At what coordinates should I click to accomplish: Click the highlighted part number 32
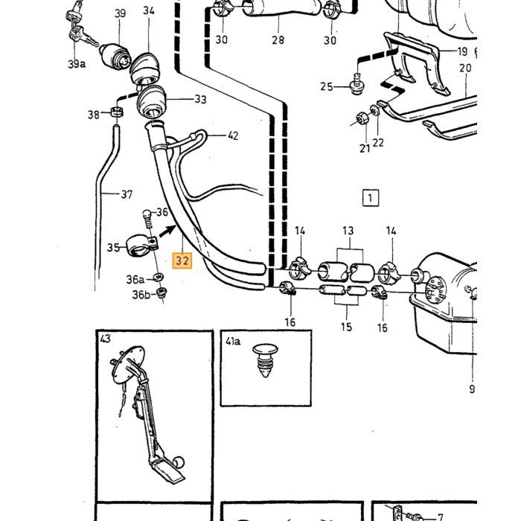coord(182,260)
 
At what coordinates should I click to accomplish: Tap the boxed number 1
coord(370,198)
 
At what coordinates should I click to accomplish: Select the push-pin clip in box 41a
coord(265,360)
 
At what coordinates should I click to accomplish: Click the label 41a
coord(233,342)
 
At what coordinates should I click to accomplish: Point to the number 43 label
coord(105,339)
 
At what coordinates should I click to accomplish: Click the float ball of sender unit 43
coord(179,462)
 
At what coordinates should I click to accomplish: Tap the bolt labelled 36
coord(147,219)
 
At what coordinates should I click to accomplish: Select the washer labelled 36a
coord(158,276)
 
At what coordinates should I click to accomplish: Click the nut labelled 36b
coord(162,293)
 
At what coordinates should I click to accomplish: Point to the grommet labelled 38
coord(116,112)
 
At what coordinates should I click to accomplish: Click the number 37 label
coord(127,194)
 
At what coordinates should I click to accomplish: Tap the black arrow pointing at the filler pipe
coord(167,231)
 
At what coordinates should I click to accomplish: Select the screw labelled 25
coord(357,84)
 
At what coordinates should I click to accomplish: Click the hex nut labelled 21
coord(362,118)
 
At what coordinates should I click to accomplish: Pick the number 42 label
coord(233,135)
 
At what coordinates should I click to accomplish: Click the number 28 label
coord(278,40)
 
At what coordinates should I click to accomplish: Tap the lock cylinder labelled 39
coord(115,57)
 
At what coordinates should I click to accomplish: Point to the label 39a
coord(77,64)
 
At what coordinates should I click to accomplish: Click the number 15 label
coord(346,327)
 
